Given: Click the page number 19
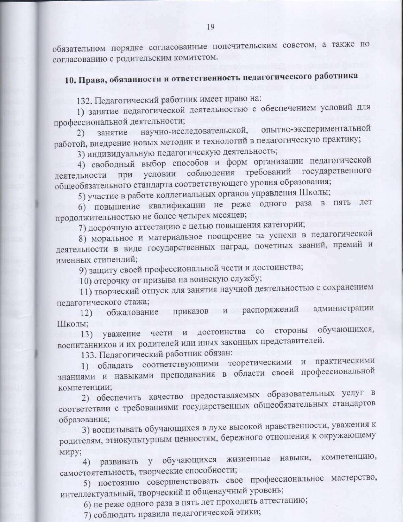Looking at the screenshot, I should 211,27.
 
